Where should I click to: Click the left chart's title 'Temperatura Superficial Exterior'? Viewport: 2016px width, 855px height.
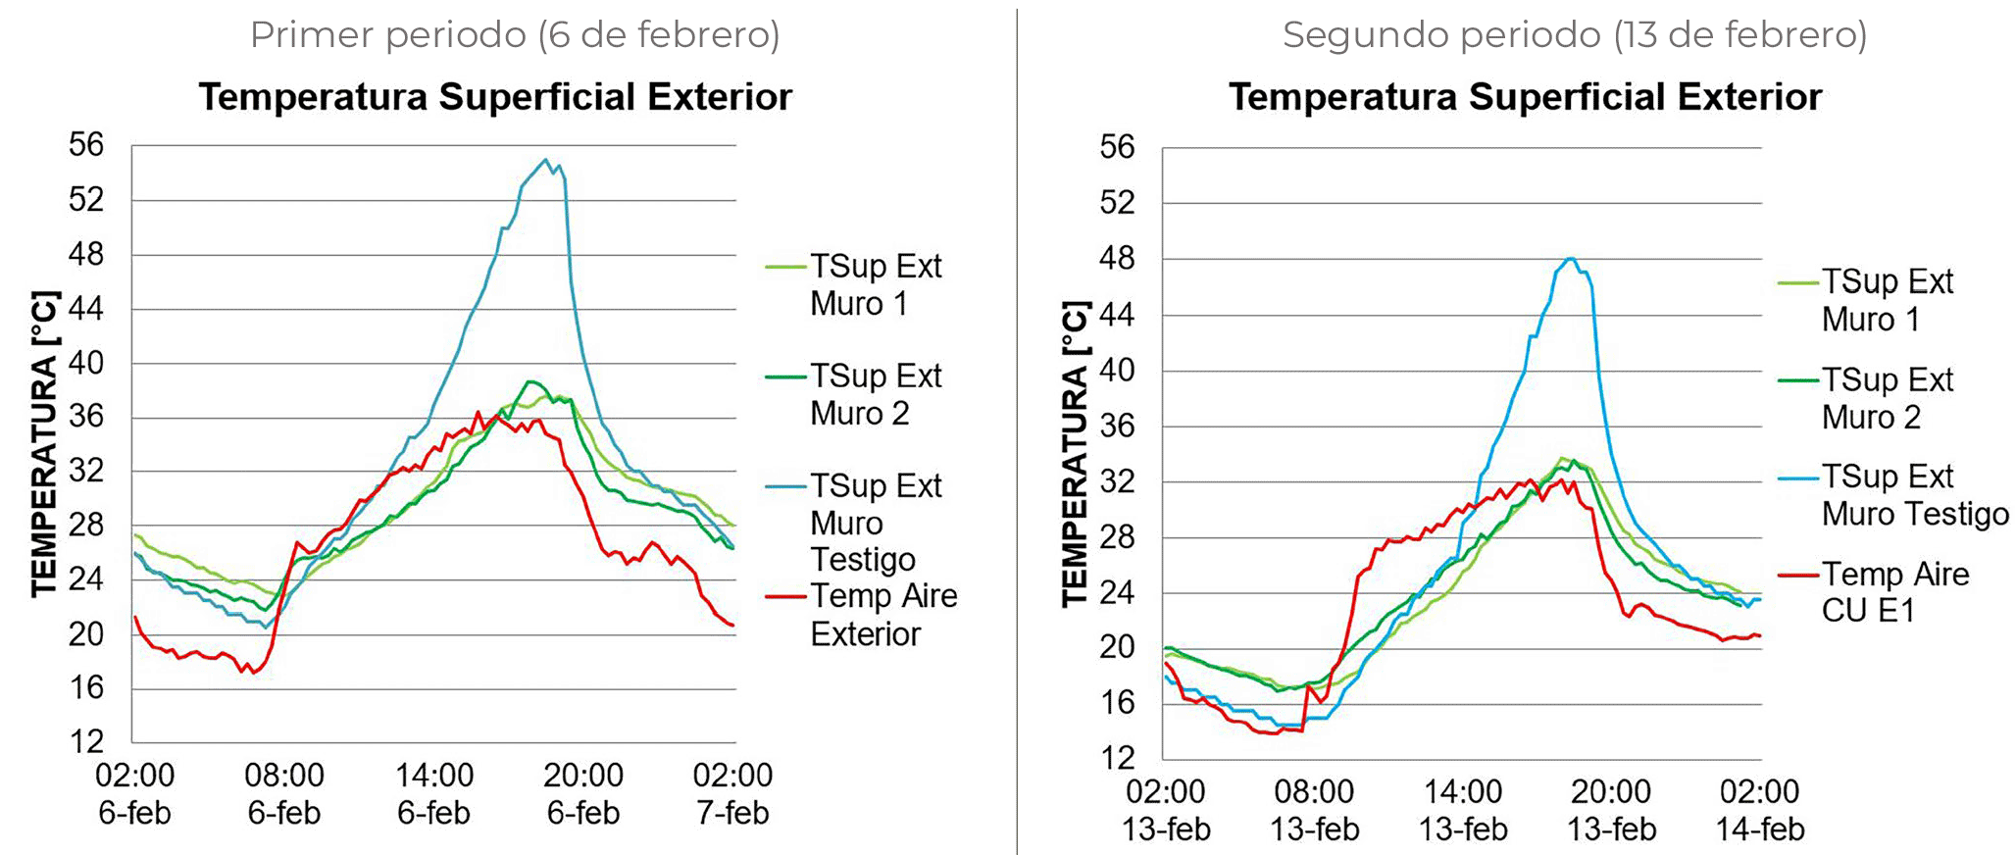(x=495, y=97)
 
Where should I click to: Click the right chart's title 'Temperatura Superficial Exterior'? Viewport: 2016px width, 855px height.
(x=1525, y=97)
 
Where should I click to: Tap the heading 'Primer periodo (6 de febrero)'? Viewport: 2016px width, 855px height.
(x=515, y=34)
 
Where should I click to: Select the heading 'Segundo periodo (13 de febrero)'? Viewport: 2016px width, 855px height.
(x=1574, y=34)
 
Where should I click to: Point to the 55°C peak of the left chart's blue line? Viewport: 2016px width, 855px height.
(x=546, y=160)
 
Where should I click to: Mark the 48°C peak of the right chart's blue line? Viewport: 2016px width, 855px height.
(x=1570, y=259)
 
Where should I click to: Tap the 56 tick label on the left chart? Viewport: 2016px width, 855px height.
(x=86, y=145)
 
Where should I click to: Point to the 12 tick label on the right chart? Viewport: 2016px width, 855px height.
(x=1117, y=758)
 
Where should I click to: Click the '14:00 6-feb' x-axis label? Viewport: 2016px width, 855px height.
(x=434, y=793)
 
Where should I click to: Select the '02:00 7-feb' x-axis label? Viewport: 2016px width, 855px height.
(x=732, y=793)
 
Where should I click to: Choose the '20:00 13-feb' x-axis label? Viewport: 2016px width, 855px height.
(x=1611, y=810)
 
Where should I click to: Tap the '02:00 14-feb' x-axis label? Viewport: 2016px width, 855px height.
(x=1760, y=810)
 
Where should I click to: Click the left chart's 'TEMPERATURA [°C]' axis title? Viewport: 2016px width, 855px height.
(x=44, y=443)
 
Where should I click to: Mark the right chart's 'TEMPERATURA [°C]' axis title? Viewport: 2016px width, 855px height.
(x=1076, y=453)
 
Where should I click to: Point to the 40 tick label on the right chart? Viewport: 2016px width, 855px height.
(x=1117, y=371)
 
